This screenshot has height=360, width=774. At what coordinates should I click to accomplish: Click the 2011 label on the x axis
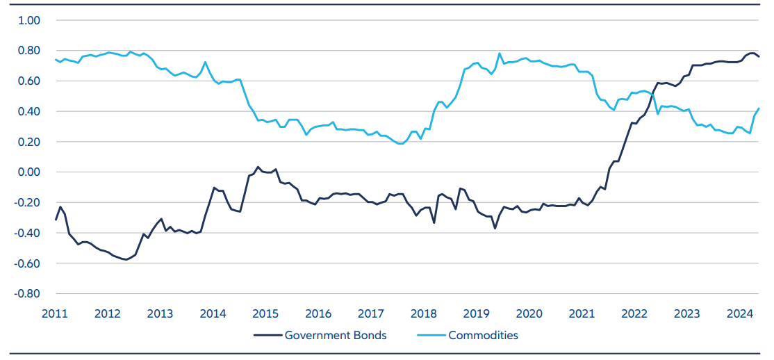click(54, 313)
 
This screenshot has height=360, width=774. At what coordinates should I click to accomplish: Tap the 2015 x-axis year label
click(265, 313)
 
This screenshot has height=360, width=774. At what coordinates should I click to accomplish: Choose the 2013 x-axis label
click(160, 313)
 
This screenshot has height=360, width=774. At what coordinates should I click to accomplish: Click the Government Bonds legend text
click(336, 336)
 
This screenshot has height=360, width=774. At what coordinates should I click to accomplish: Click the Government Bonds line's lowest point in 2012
click(125, 260)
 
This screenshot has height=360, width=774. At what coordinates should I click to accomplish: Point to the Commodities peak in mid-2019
click(500, 54)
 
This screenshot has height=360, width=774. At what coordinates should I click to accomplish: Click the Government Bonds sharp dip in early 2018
click(434, 222)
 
